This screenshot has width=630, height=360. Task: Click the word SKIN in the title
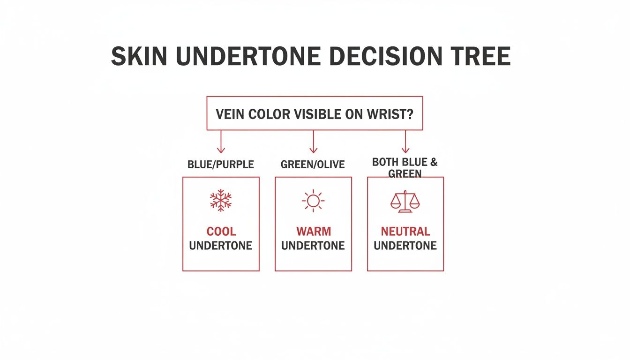[x=139, y=56]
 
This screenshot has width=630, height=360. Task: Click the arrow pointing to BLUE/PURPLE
[x=221, y=142]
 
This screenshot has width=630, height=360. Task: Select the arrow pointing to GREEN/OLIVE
[x=313, y=142]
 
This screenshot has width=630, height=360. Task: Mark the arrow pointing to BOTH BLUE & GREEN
[x=405, y=142]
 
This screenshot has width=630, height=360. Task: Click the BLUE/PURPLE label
[x=220, y=165]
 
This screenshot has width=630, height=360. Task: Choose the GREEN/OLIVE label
[x=313, y=165]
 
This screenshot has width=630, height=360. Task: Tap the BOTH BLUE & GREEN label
[x=405, y=168]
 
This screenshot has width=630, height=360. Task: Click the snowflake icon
[x=220, y=201]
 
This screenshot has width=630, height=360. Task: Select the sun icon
[x=313, y=201]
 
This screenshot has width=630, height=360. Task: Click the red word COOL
[x=221, y=232]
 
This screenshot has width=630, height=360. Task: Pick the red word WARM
[x=313, y=232]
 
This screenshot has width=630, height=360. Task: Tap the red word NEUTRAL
[x=405, y=232]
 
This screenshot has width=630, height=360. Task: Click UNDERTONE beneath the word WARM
[x=313, y=246]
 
